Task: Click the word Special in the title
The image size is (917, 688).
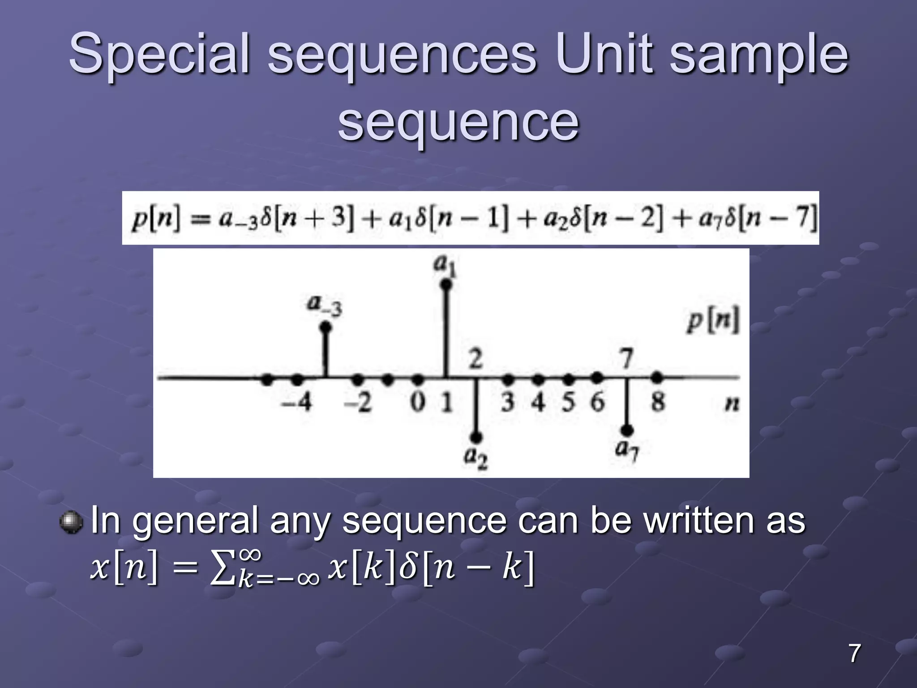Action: [159, 54]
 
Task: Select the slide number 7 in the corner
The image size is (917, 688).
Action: [854, 653]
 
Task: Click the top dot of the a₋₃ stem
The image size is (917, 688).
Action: [326, 327]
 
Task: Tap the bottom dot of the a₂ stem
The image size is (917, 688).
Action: [476, 437]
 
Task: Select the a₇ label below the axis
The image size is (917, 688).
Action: [627, 450]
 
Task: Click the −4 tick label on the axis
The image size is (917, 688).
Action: [296, 402]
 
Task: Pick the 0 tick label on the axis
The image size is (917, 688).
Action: [417, 402]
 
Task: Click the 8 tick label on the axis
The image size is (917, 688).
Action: [657, 402]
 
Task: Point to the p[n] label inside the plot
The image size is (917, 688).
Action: [713, 321]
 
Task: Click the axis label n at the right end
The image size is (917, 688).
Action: [732, 404]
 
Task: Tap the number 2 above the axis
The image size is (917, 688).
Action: [476, 359]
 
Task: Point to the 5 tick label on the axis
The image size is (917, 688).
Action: [568, 402]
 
